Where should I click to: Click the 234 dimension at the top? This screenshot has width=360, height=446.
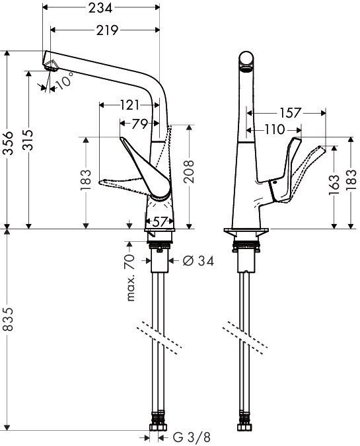[x=100, y=8]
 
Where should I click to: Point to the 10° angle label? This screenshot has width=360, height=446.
[x=64, y=83]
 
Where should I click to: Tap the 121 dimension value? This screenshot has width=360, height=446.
[x=128, y=104]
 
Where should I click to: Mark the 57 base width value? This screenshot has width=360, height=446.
[x=160, y=221]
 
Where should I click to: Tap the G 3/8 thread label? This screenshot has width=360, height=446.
[x=192, y=437]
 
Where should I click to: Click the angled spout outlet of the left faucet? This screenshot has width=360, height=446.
[x=52, y=63]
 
